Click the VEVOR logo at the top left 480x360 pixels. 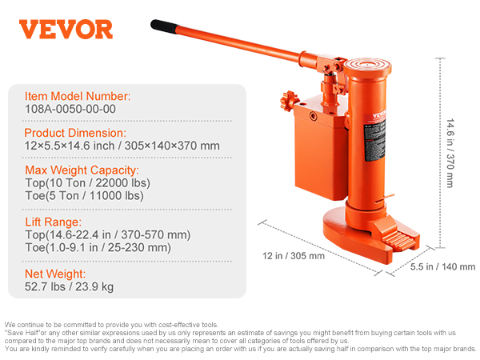click(66, 30)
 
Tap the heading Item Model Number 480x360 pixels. click(77, 97)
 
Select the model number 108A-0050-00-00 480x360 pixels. click(70, 110)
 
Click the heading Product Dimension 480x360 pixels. click(75, 133)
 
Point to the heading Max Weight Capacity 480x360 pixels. click(82, 170)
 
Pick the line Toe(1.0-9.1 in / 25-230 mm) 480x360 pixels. click(98, 247)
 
